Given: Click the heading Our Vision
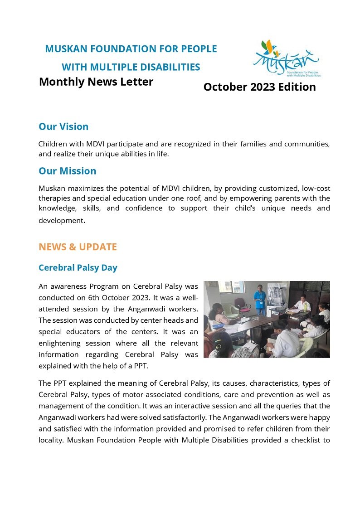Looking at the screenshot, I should tap(63, 126).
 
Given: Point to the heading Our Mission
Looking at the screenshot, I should tap(67, 171).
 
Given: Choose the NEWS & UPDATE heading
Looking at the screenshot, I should tap(78, 247).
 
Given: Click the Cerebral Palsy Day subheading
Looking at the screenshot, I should tap(78, 267).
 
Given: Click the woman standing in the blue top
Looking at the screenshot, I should tap(259, 299).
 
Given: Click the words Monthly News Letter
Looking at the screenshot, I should tap(96, 82).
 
